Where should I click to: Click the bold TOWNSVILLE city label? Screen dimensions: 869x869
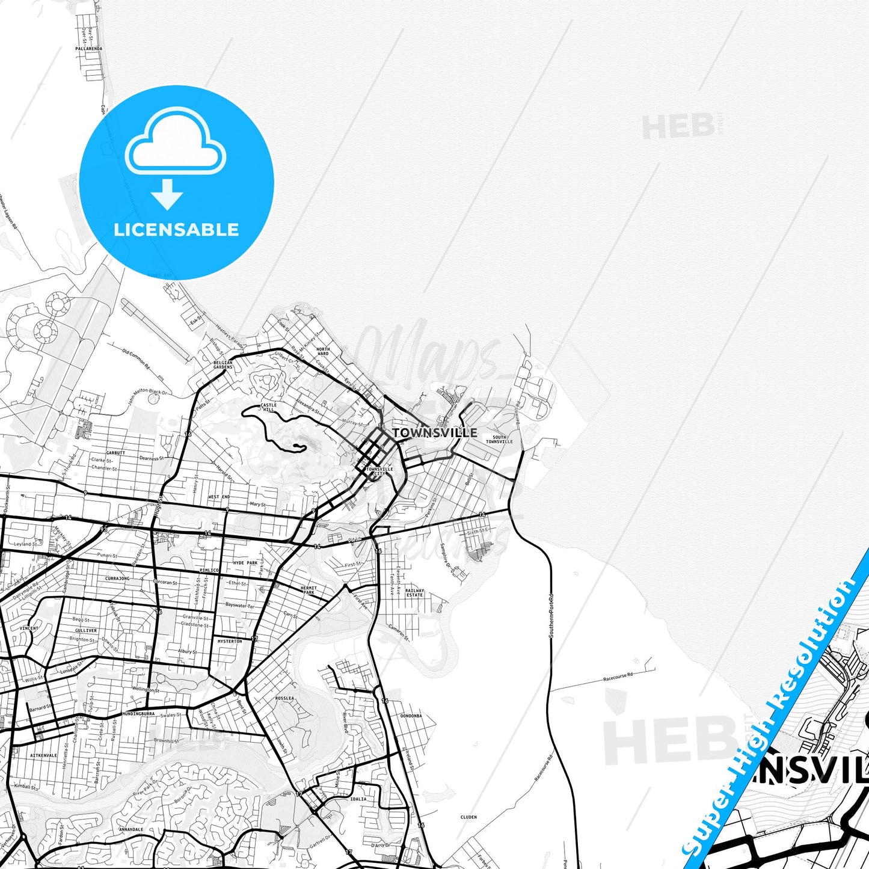435,432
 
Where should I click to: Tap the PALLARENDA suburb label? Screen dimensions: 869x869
88,49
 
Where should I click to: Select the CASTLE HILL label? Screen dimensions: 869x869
268,407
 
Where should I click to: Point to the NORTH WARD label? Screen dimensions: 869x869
323,351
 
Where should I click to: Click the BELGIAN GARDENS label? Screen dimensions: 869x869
223,365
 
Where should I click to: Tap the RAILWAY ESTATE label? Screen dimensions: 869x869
414,592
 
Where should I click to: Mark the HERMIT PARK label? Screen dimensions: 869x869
308,590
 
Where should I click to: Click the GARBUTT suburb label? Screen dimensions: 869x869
115,452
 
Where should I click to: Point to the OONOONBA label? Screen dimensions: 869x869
411,716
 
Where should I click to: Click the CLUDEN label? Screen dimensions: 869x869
468,817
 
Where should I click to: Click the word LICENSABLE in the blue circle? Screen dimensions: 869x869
176,229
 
